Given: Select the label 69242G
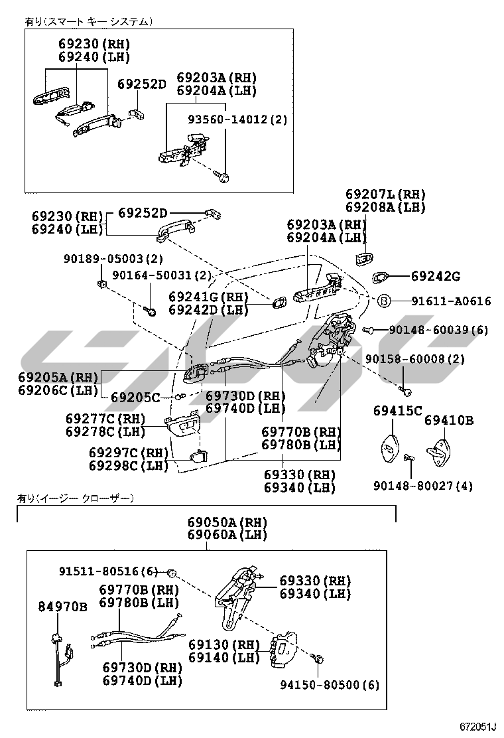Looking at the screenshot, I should coord(434,276).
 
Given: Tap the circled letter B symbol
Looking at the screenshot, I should coord(383,301).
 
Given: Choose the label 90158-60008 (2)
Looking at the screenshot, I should coord(415,358).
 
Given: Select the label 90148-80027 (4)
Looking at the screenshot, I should coord(431,486).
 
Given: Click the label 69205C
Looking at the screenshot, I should coord(135,398).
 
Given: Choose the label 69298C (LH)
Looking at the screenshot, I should coord(129,465).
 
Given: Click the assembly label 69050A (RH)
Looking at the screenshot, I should coord(227,522).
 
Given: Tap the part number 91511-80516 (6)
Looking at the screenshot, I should coord(109,571).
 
